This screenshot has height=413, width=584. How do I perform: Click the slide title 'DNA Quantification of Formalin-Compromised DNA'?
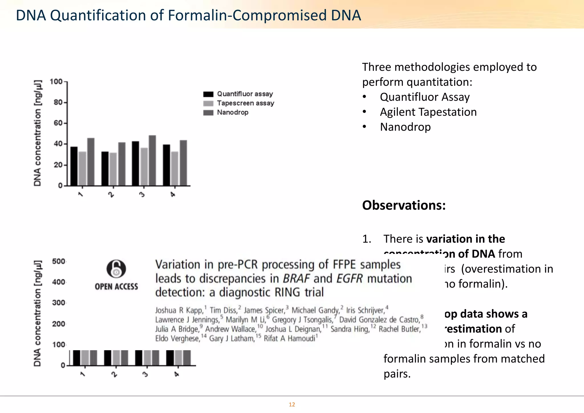pyautogui.click(x=188, y=15)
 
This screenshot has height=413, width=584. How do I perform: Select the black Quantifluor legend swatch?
pyautogui.click(x=208, y=94)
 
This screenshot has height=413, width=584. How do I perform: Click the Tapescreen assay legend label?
pyautogui.click(x=245, y=103)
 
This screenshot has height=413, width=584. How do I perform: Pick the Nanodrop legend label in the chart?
pyautogui.click(x=233, y=112)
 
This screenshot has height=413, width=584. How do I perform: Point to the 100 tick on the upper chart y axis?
pyautogui.click(x=56, y=82)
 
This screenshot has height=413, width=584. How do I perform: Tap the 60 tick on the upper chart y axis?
pyautogui.click(x=58, y=123)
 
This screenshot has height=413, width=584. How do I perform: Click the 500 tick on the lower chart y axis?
pyautogui.click(x=58, y=262)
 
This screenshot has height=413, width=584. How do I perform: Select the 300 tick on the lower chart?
pyautogui.click(x=58, y=303)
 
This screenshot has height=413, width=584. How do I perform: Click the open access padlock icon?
pyautogui.click(x=116, y=269)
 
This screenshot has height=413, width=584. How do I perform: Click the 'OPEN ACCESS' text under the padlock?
pyautogui.click(x=116, y=286)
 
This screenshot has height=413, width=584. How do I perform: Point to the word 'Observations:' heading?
pyautogui.click(x=404, y=205)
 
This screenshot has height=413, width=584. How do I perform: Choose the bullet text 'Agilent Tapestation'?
pyautogui.click(x=428, y=112)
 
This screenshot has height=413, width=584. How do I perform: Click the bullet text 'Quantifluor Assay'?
pyautogui.click(x=425, y=97)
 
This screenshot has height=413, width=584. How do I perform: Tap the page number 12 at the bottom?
pyautogui.click(x=292, y=404)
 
